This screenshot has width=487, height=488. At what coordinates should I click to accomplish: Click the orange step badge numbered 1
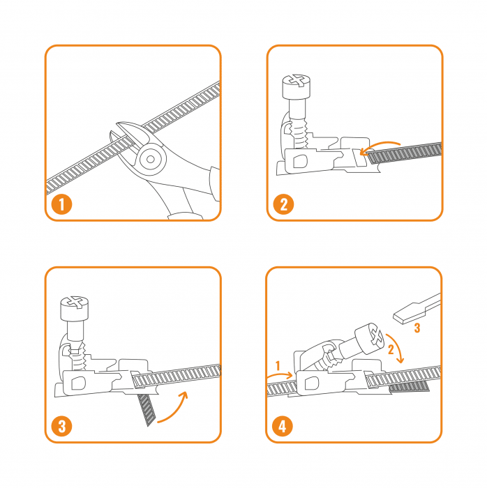pos(61,204)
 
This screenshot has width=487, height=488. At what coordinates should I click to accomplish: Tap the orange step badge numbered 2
pos(283,204)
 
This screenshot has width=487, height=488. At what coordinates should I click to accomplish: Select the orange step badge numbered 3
pos(61,426)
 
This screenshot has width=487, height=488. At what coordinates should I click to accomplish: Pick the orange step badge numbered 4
pos(282,426)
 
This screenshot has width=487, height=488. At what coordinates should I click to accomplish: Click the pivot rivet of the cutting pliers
pos(151,160)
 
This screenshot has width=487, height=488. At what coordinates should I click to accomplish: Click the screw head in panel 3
pos(75,308)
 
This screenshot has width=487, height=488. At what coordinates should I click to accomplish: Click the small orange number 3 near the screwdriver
pos(417,328)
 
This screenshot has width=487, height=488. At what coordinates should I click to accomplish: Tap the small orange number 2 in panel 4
pos(391,349)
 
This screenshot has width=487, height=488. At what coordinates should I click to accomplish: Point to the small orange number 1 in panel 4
pos(278,366)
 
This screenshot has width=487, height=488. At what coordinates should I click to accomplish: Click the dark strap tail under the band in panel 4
pos(409,387)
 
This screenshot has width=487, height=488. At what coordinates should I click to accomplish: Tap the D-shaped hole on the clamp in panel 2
pos(301,161)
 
